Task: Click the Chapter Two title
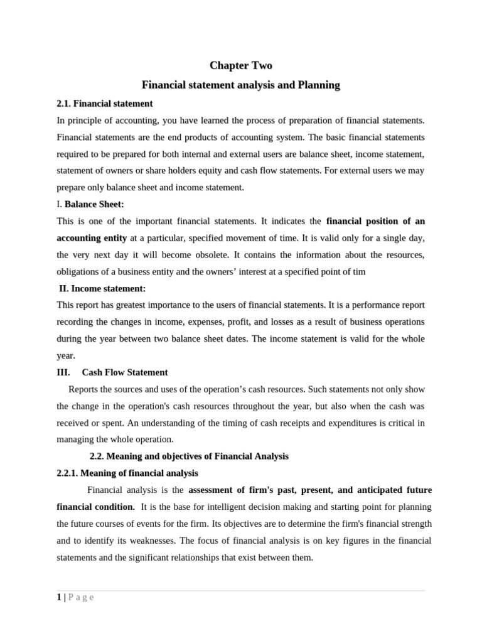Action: click(240, 65)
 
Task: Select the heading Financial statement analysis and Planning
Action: click(240, 85)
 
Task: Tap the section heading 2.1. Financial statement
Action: click(104, 103)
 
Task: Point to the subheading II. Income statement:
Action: click(102, 288)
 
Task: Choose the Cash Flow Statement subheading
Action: click(125, 372)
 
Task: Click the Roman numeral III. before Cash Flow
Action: click(63, 372)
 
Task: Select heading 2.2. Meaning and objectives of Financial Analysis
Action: click(189, 456)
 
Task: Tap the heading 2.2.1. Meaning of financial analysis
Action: click(127, 473)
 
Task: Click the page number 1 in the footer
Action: click(58, 597)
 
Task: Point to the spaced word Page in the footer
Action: click(80, 597)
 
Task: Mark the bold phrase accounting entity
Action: click(92, 238)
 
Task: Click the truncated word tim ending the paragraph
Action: click(358, 271)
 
